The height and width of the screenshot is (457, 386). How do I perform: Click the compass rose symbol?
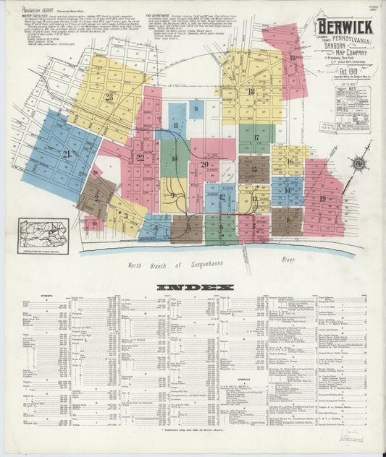pos(358,163)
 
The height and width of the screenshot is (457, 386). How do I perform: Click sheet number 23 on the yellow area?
pos(109,96)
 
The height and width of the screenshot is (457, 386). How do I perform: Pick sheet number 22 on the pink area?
pos(140,158)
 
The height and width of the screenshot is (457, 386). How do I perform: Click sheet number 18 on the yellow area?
pos(251,92)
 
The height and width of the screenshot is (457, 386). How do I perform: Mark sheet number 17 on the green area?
pos(256,137)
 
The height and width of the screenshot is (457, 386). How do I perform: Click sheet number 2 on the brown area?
pos(96,196)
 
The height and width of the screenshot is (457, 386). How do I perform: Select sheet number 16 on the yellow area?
pos(289,161)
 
